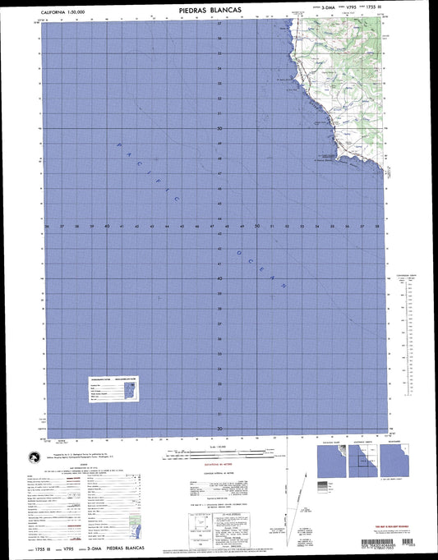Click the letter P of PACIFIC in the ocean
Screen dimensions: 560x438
pos(119,145)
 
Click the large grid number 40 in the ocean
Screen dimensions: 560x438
pos(219,278)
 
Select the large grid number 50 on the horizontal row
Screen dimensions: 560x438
pos(257,226)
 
